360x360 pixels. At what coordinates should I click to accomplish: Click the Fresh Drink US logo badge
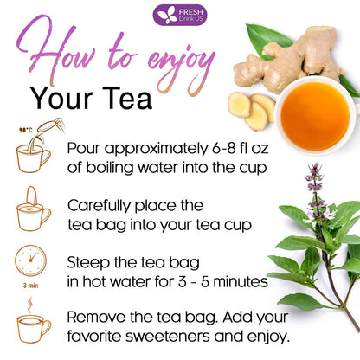pyautogui.click(x=179, y=15)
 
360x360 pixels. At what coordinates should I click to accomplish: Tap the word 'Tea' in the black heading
pyautogui.click(x=130, y=99)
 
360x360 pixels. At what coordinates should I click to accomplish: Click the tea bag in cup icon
pyautogui.click(x=33, y=211)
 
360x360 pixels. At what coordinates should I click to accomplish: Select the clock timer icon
pyautogui.click(x=32, y=262)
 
